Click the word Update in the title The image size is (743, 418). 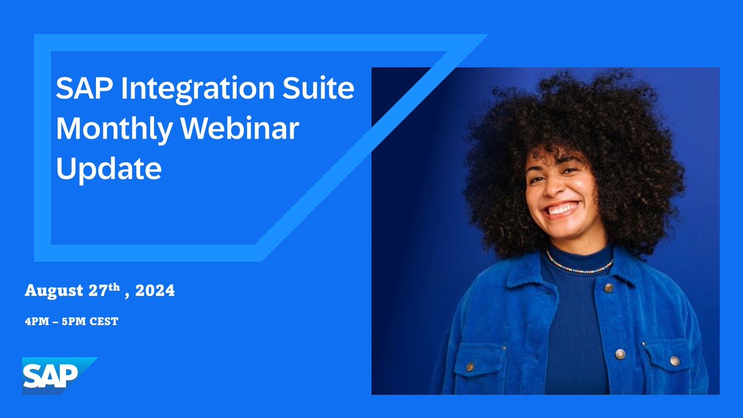coord(109,168)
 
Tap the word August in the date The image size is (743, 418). coord(51,291)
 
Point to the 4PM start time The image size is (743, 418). coord(35,322)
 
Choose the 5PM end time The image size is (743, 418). coord(75,322)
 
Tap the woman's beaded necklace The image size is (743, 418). coord(579,268)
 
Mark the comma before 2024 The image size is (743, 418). coord(128,295)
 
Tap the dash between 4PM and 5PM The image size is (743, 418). coord(54,322)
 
